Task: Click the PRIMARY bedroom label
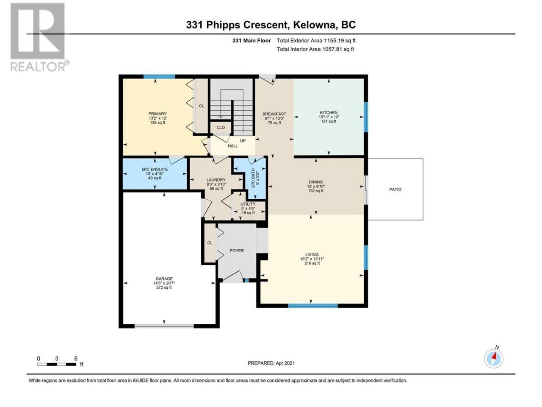point(157,114)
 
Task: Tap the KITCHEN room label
point(329,112)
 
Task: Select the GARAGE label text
point(164,279)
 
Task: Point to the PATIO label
point(395,189)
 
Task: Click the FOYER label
point(237,251)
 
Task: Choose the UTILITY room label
point(248,204)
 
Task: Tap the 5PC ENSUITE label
point(155,169)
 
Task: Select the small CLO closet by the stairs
point(221,128)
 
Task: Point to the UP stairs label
point(243,141)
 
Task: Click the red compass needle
point(494,356)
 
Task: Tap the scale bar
point(57,364)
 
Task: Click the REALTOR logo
point(39,37)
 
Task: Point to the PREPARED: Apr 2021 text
point(271,363)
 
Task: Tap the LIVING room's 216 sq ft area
point(312,263)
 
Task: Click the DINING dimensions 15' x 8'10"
point(316,186)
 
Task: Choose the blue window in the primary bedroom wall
point(159,77)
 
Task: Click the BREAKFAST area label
point(274,114)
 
